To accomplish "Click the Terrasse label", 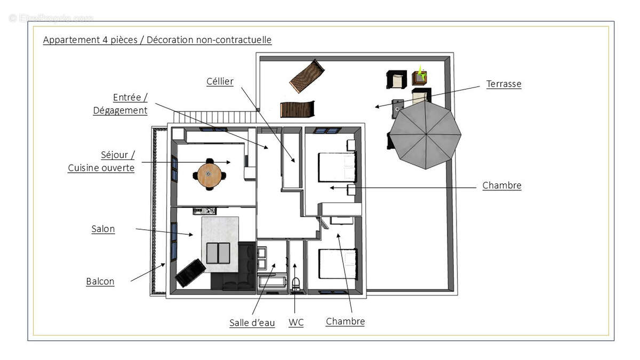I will point(503,84).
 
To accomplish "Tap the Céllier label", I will point(220,81).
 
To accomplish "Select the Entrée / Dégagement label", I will point(121,104).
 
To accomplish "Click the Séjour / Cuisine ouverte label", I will point(101,162).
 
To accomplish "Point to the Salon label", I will point(103,229).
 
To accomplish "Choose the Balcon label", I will point(100,281).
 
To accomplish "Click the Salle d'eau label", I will point(252,322).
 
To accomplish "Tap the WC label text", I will point(296,322).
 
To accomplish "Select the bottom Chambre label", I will point(345,321).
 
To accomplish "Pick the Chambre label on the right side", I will point(502,186).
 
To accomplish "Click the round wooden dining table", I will point(209,175).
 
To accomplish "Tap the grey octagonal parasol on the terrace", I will point(425,134).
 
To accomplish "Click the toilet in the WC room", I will point(296,283).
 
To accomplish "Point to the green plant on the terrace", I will point(421,74).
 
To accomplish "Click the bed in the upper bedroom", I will point(337,167).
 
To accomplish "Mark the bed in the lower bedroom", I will point(338,264).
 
